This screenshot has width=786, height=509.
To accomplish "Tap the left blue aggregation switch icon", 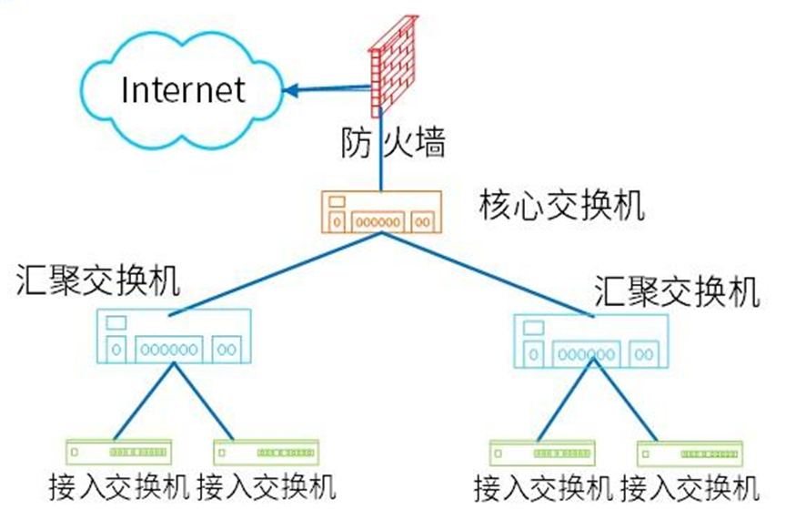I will (173, 336).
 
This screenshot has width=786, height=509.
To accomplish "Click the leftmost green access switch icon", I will (119, 451).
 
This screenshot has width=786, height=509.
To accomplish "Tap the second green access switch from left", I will (265, 451).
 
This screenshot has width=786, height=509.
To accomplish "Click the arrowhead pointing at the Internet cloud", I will (290, 89).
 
